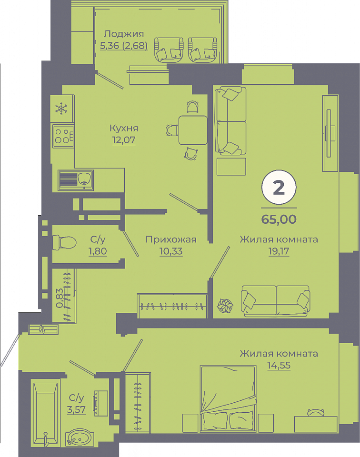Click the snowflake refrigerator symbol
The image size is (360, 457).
click(61, 109)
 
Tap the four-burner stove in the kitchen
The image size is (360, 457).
click(63, 136)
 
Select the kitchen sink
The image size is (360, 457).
click(76, 180)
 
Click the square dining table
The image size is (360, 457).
click(193, 130)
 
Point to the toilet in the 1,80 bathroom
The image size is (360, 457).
click(64, 242)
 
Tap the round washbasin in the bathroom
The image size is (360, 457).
click(79, 437)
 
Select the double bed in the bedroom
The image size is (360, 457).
click(228, 398)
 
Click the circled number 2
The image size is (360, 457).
click(279, 188)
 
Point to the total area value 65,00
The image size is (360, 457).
click(279, 219)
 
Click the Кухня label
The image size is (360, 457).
click(124, 128)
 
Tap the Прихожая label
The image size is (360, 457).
click(171, 239)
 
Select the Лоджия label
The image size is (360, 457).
click(124, 34)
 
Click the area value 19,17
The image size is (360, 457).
click(279, 251)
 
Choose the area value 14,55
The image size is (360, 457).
click(279, 365)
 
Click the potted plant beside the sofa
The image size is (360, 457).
click(225, 306)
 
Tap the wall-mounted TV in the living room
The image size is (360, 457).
click(330, 133)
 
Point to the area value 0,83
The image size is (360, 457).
click(60, 298)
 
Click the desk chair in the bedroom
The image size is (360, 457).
click(316, 412)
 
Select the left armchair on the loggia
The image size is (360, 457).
click(169, 50)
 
